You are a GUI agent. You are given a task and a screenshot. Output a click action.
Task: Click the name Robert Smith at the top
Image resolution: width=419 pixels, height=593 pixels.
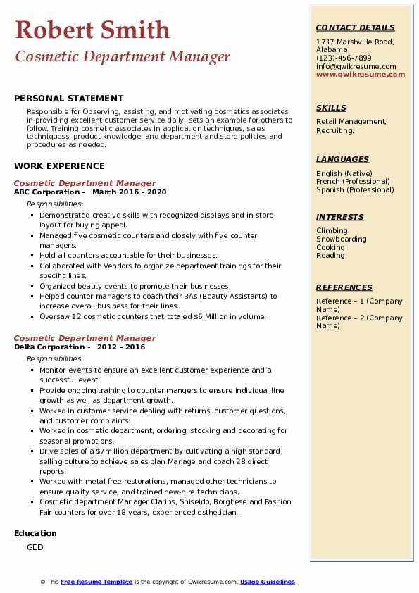[92, 30]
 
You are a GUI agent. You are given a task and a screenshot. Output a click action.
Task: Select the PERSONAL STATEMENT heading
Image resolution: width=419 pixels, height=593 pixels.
[68, 99]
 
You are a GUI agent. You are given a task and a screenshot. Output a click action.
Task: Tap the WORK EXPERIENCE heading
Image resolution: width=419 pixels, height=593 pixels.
[59, 166]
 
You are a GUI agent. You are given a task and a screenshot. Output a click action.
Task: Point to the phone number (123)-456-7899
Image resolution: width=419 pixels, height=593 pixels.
[344, 58]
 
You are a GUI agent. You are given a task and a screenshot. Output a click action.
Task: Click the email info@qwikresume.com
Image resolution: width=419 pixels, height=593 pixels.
[356, 66]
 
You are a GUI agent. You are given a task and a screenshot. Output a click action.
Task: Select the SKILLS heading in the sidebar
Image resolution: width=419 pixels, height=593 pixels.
[331, 108]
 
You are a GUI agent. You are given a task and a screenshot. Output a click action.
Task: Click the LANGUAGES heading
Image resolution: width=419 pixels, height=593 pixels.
[342, 159]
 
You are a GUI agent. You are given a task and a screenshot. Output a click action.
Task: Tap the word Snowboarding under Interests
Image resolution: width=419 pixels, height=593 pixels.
[342, 239]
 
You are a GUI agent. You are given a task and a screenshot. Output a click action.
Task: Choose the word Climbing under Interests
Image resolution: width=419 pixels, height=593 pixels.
[332, 230]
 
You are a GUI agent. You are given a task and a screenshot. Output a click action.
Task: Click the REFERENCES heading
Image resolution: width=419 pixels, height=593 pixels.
[344, 287]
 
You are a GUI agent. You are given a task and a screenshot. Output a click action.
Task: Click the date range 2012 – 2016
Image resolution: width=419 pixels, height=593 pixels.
[121, 347]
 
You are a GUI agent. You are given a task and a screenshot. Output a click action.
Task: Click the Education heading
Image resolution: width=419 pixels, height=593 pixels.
[35, 533]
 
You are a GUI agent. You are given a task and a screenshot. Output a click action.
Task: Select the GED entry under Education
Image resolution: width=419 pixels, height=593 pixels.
[35, 547]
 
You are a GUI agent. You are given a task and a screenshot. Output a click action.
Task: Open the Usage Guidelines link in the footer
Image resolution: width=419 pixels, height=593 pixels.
[268, 582]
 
